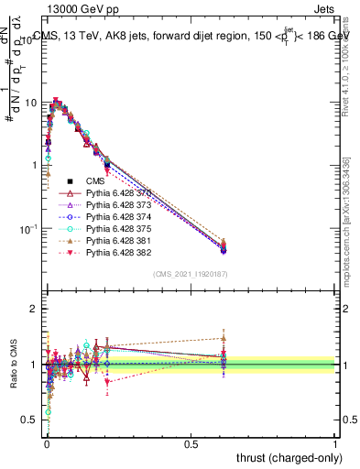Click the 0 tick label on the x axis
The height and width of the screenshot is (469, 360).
pos(47,445)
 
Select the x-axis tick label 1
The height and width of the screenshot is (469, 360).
pos(336,445)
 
